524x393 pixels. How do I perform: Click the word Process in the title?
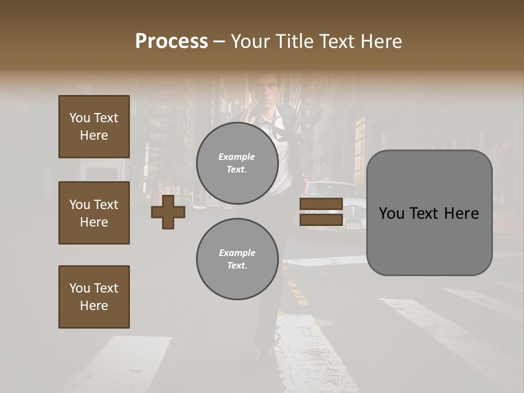[x=171, y=41]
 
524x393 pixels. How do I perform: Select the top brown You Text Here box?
[x=94, y=127]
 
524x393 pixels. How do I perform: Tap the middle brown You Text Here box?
[x=94, y=213]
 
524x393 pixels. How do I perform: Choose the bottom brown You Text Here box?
[x=94, y=297]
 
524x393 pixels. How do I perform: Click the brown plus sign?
[x=168, y=212]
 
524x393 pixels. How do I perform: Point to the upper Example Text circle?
[x=237, y=163]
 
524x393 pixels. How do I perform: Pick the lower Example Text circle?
[x=237, y=259]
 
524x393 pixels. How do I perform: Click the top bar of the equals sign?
[x=321, y=204]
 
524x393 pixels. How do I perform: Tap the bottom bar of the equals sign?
[x=321, y=219]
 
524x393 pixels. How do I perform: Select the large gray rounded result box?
[x=429, y=213]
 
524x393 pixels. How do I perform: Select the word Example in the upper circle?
[x=237, y=157]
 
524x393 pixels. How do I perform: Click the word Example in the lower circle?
[x=237, y=253]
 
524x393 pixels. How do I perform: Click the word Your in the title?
[x=251, y=41]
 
